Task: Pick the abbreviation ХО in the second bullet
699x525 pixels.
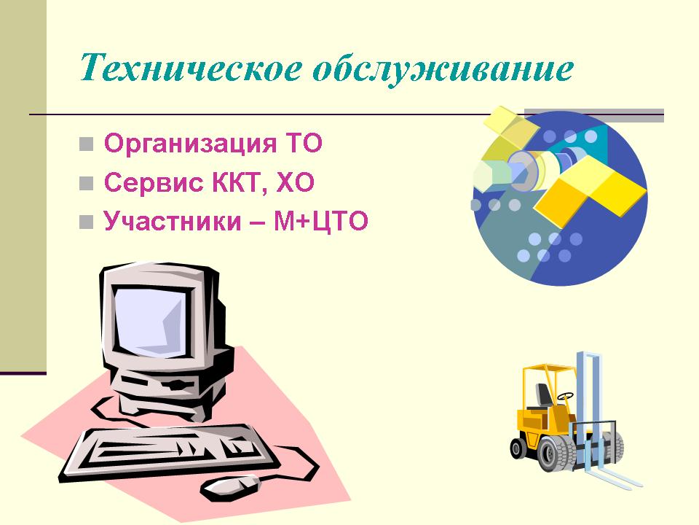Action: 296,182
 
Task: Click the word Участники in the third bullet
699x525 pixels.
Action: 172,221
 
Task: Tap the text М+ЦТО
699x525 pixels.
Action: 320,222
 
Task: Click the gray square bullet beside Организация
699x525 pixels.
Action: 86,144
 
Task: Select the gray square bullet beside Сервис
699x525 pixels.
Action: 86,184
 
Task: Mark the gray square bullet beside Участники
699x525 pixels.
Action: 86,222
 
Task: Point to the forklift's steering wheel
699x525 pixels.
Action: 565,396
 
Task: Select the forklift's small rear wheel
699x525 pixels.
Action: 518,448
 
